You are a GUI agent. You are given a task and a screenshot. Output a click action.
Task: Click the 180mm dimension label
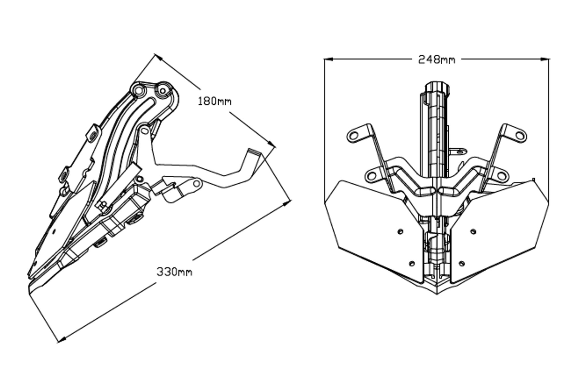pos(215,101)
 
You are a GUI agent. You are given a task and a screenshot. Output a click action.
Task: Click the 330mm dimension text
pos(175,272)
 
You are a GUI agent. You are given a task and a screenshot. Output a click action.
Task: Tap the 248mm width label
pos(436,60)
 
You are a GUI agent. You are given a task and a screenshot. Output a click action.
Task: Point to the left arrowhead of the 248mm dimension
pos(329,59)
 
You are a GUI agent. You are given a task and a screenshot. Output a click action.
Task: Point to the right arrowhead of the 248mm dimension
pos(545,59)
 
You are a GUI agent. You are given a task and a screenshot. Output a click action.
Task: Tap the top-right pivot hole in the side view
pos(163,91)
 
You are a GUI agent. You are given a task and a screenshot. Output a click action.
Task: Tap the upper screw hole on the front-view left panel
pos(400,231)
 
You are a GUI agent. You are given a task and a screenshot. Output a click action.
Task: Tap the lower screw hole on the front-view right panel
pos(462,263)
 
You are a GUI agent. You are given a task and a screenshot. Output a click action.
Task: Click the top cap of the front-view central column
pos(436,86)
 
